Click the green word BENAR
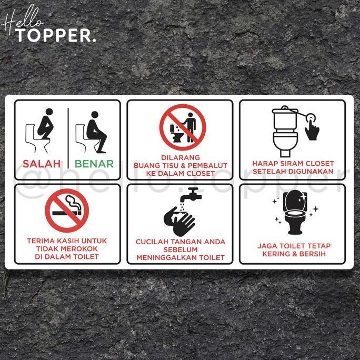pyautogui.click(x=94, y=164)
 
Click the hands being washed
pyautogui.click(x=179, y=221)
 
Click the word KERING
pyautogui.click(x=278, y=254)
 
